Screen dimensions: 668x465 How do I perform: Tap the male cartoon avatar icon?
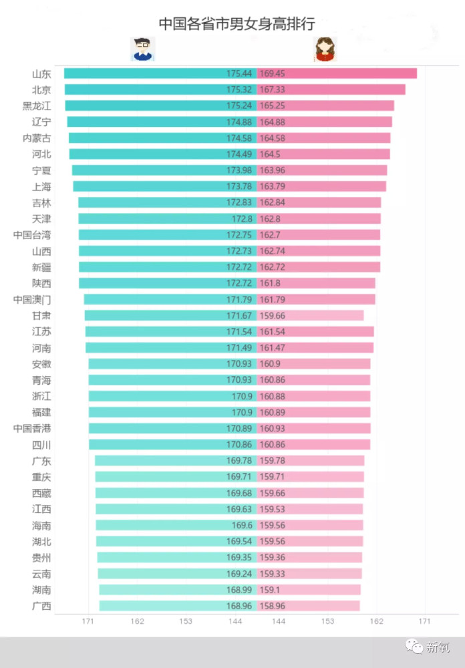(142, 49)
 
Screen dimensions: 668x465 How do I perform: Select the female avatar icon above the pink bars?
(325, 49)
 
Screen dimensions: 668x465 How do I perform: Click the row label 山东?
(41, 73)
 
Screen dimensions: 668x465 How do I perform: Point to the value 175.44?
(239, 73)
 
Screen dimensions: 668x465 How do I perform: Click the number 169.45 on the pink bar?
(273, 73)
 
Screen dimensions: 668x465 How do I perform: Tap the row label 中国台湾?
(32, 235)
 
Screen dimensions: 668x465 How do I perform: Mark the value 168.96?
(239, 606)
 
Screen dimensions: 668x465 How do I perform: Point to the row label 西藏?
(41, 493)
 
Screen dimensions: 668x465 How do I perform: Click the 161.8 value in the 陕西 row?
(270, 283)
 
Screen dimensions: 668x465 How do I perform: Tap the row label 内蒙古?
(37, 138)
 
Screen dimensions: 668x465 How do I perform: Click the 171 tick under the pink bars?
(424, 621)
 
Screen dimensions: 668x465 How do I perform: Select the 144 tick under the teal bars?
(235, 621)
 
